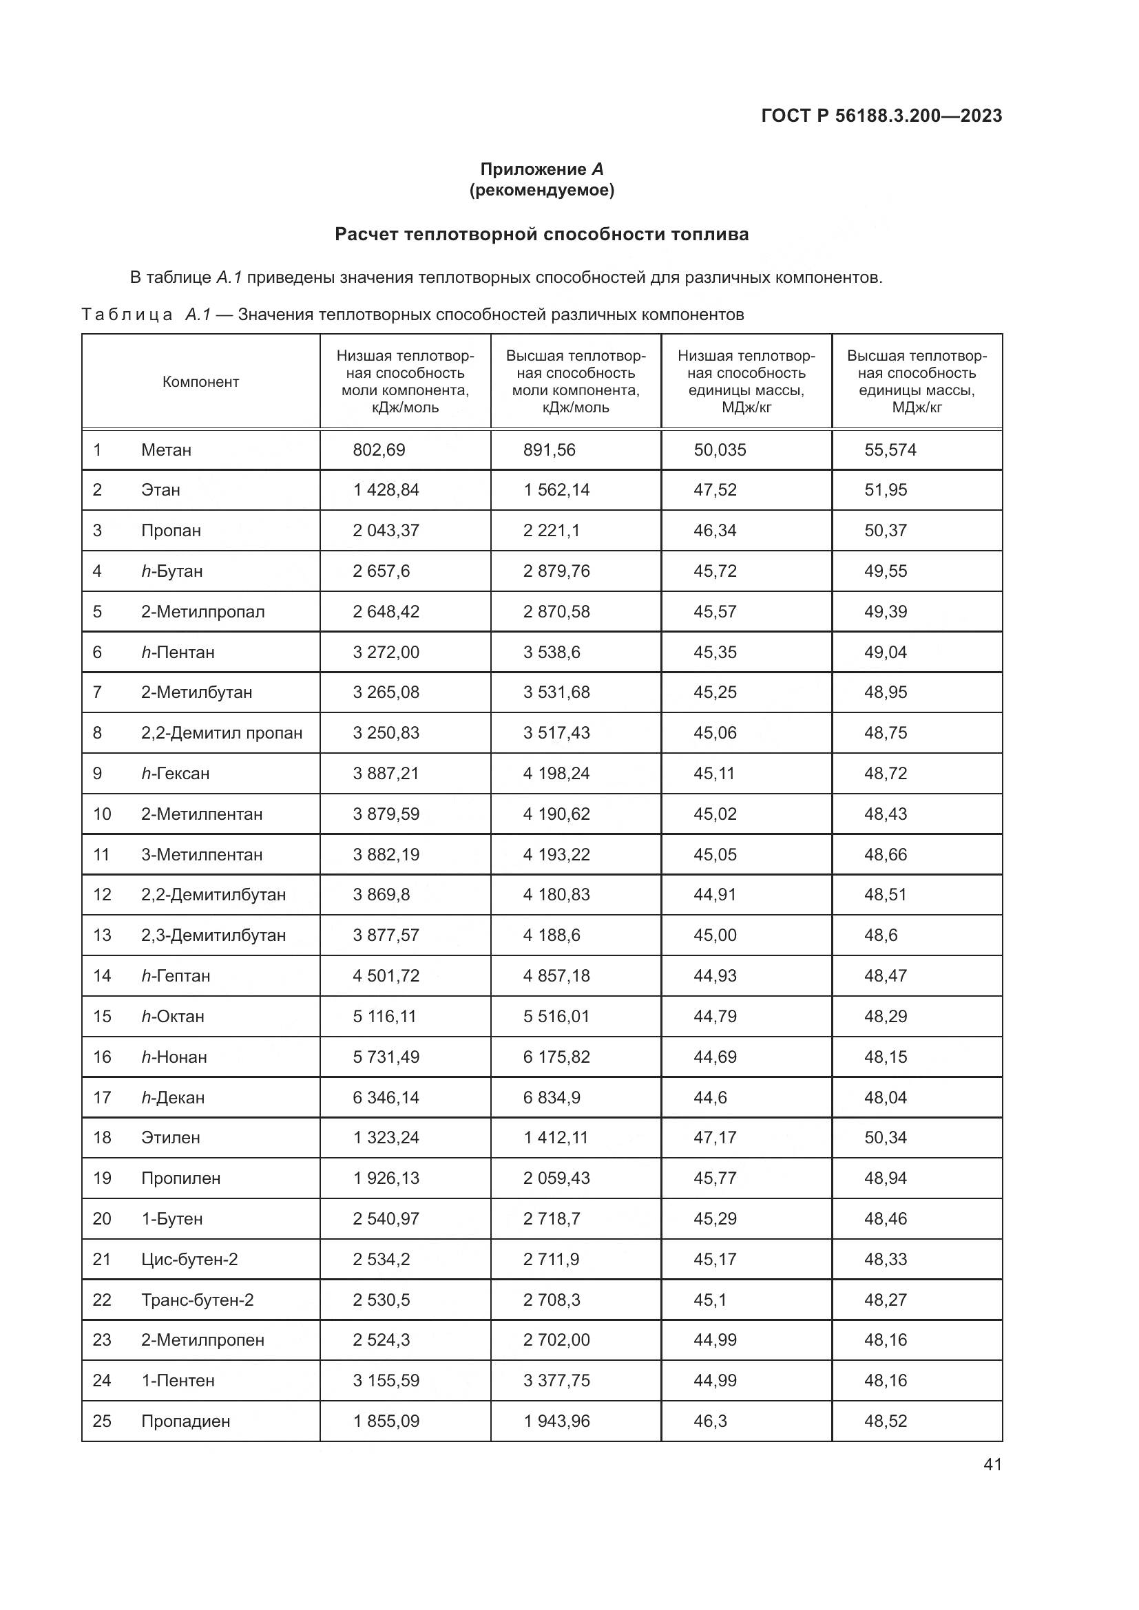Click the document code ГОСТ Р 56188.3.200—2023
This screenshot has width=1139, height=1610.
pyautogui.click(x=881, y=116)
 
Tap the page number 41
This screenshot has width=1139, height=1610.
pyautogui.click(x=992, y=1464)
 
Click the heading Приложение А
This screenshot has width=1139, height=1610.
pyautogui.click(x=541, y=169)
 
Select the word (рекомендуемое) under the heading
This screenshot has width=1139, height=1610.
pyautogui.click(x=541, y=190)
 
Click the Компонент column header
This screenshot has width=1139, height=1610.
pyautogui.click(x=200, y=382)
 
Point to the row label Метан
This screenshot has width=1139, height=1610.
pyautogui.click(x=166, y=450)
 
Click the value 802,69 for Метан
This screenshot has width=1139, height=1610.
pyautogui.click(x=379, y=450)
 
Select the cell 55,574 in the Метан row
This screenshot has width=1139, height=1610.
pyautogui.click(x=890, y=450)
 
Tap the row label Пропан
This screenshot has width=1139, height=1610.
pyautogui.click(x=171, y=531)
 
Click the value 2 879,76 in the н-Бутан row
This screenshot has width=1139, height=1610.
pyautogui.click(x=556, y=571)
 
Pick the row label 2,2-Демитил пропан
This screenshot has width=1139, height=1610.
pyautogui.click(x=222, y=734)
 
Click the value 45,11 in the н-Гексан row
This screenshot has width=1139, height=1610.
pyautogui.click(x=714, y=774)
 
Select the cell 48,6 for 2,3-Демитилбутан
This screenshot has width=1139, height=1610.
pyautogui.click(x=880, y=935)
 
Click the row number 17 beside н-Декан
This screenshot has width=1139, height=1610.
pyautogui.click(x=103, y=1097)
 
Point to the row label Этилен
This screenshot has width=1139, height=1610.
pyautogui.click(x=170, y=1137)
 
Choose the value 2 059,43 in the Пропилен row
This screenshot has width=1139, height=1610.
pyautogui.click(x=556, y=1178)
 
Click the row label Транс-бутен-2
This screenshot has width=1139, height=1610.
pyautogui.click(x=197, y=1300)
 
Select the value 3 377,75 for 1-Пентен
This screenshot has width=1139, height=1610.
pyautogui.click(x=556, y=1381)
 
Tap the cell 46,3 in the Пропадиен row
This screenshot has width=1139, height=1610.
pyautogui.click(x=710, y=1421)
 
